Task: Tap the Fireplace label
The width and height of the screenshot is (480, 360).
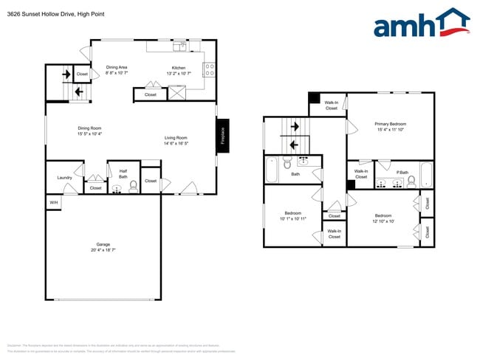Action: coord(222,136)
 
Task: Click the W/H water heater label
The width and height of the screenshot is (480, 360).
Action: coord(53,202)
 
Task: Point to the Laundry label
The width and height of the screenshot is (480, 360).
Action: coord(64,178)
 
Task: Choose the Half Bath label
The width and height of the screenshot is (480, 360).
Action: coord(123,174)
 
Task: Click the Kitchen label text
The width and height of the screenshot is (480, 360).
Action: coord(179,67)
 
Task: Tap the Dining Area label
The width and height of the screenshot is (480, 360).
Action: coord(117,67)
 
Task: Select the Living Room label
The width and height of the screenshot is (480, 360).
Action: coord(176,138)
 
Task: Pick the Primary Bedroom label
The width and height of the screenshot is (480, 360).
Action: coord(391,124)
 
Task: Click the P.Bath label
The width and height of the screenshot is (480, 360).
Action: coord(402,172)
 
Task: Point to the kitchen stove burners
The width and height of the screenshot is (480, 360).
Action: coord(209,69)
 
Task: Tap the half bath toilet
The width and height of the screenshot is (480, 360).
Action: coord(133,187)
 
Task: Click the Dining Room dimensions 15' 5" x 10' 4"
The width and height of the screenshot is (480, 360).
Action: coord(90,134)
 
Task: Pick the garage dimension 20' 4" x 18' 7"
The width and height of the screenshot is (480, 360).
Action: coord(103,251)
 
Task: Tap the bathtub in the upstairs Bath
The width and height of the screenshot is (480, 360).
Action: coord(272,170)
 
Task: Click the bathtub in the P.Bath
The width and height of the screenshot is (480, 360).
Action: coord(426,176)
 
